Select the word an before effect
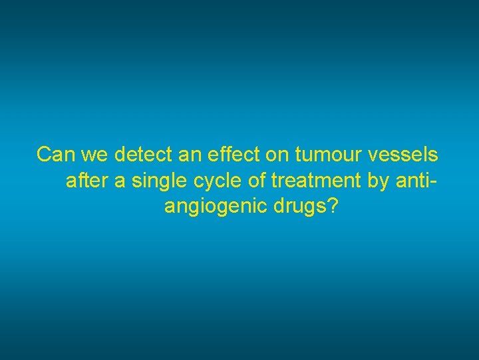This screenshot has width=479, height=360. [x=189, y=155]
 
